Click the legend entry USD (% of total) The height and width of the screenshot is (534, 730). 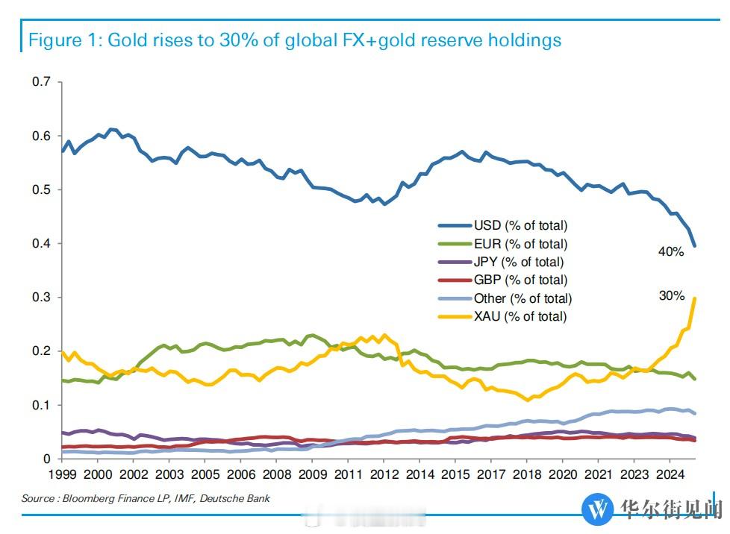[x=520, y=225]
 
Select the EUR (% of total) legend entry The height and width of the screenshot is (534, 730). [x=520, y=244]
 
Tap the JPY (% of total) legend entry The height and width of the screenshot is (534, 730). [x=519, y=262]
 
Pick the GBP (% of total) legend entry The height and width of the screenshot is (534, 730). [x=520, y=280]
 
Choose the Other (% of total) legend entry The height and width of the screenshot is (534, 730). [x=522, y=298]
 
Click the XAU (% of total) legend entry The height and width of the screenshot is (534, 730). [x=520, y=316]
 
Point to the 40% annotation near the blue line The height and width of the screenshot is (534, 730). [x=671, y=252]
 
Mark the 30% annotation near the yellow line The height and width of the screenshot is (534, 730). [x=671, y=295]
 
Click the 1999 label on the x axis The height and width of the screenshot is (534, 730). [x=62, y=474]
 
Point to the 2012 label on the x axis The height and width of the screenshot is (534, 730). [x=384, y=474]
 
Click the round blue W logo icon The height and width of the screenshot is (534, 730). [x=597, y=510]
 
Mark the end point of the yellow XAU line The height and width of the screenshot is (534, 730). [x=696, y=298]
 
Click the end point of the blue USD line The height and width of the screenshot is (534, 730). [x=696, y=246]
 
